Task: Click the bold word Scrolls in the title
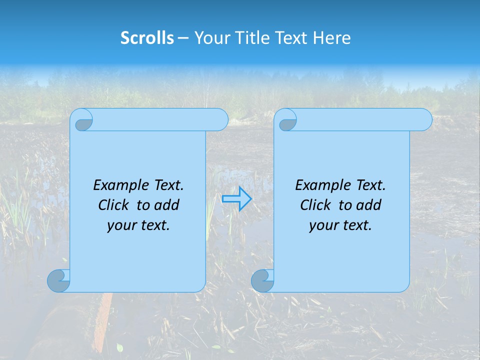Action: pyautogui.click(x=147, y=37)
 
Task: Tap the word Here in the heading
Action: pyautogui.click(x=332, y=37)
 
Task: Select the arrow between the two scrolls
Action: pyautogui.click(x=236, y=199)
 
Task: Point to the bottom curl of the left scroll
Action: pyautogui.click(x=59, y=280)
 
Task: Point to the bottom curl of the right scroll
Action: pyautogui.click(x=262, y=280)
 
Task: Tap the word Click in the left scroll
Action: pyautogui.click(x=114, y=205)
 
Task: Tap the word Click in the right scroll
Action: pyautogui.click(x=316, y=205)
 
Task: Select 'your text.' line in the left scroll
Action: pyautogui.click(x=138, y=225)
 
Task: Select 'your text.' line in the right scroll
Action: pyautogui.click(x=340, y=225)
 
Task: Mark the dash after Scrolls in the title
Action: pyautogui.click(x=183, y=37)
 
